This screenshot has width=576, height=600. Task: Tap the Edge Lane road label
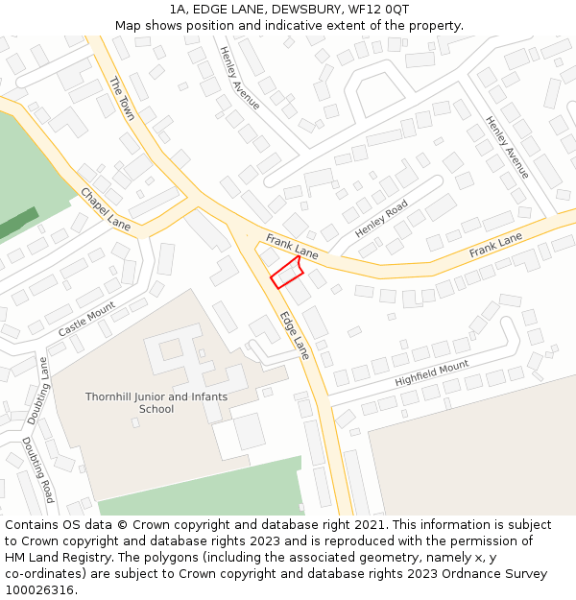pos(295,335)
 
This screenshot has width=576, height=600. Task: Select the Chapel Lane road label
pos(106,207)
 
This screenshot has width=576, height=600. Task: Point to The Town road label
pos(122,99)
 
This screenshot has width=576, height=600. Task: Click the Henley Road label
pos(381,219)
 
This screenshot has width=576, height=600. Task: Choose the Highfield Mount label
pos(432,373)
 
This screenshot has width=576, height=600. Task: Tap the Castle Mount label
pos(86,319)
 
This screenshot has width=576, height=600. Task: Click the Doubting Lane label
pos(37,391)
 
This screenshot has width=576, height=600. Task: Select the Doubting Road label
pos(38,469)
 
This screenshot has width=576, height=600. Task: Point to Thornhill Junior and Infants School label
pos(156,402)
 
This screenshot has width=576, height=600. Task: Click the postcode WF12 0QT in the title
pos(382,9)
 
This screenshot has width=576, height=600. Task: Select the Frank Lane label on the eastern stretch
pos(495,245)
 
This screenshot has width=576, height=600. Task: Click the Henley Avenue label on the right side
pos(507,147)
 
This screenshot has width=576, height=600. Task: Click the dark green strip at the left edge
pos(17,225)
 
